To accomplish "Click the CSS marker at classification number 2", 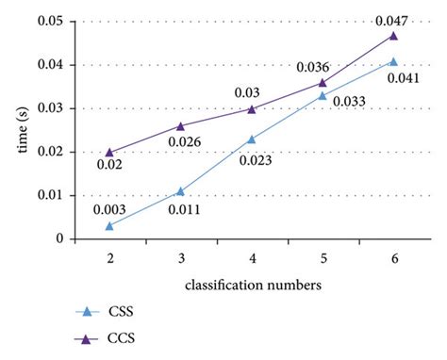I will click(109, 226).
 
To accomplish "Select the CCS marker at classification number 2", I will click(109, 152).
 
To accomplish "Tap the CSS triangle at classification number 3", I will click(180, 191).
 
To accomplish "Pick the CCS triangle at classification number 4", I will click(252, 108).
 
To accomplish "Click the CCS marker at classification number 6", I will click(393, 35).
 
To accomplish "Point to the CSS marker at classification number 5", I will click(323, 95).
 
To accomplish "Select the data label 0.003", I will click(109, 208).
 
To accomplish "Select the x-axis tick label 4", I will click(252, 257).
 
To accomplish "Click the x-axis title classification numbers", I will click(251, 283).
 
